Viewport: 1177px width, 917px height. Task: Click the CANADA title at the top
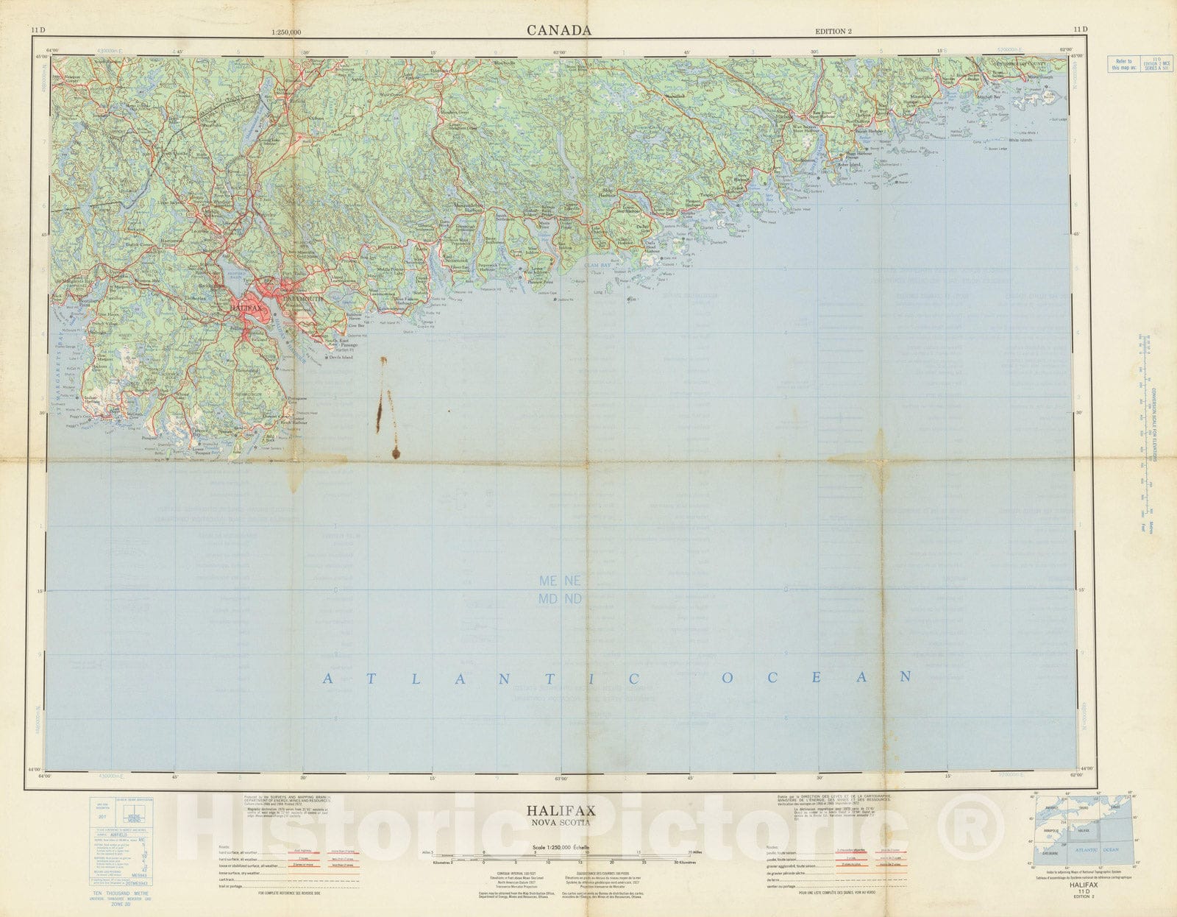558,30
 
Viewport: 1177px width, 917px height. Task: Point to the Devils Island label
339,358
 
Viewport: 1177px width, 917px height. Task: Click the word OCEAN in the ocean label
817,676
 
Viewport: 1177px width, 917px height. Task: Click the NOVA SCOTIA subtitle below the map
561,822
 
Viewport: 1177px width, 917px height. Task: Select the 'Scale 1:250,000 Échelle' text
561,847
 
